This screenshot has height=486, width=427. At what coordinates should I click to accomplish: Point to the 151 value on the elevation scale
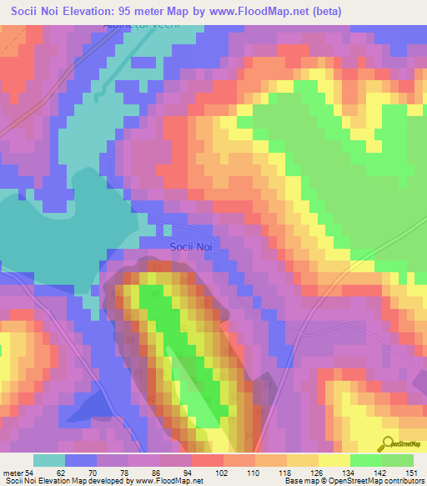(413, 473)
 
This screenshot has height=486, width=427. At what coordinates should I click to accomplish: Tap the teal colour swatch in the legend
(49, 460)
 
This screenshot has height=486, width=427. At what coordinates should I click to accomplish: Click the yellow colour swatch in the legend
(334, 460)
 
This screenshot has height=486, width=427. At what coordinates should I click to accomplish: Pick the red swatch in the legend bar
(208, 460)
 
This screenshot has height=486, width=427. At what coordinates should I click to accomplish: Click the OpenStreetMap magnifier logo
(388, 444)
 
